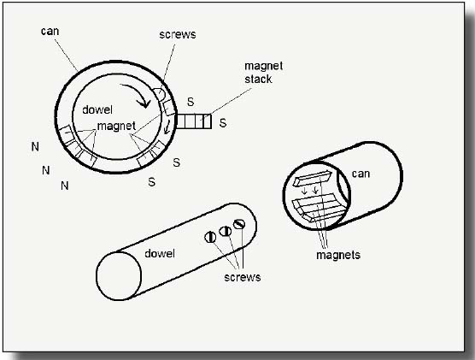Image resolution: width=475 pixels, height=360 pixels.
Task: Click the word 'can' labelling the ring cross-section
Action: coord(50,32)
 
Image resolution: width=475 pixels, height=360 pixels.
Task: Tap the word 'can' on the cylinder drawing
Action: coord(361,174)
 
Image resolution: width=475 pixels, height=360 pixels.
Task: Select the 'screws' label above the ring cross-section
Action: coord(178,34)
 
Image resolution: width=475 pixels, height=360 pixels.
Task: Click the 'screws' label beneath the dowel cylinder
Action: coord(243,277)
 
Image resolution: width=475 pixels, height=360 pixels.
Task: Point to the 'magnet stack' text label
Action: coord(263,73)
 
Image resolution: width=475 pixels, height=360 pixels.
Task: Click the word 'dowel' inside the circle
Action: coord(97,109)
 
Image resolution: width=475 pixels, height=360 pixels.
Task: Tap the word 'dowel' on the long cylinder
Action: coord(160,253)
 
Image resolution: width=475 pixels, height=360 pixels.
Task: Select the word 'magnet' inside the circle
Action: coord(116,126)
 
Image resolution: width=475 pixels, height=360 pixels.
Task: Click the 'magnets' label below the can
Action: coord(338,255)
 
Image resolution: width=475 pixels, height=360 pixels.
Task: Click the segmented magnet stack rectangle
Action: coord(194,121)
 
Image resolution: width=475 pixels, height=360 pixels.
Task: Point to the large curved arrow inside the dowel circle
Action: coord(137,94)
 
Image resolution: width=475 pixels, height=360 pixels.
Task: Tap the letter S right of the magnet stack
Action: coord(223,123)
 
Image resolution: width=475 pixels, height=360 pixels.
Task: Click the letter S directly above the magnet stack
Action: coord(191,102)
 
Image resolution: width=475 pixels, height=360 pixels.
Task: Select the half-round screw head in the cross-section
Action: coord(159,94)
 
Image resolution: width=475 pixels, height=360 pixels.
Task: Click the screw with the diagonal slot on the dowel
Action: coord(239,224)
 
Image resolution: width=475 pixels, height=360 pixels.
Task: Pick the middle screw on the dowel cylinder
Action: coord(225,232)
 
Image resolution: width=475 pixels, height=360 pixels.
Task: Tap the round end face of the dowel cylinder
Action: coord(119,275)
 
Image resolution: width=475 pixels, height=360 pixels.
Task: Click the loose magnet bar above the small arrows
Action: coord(313,179)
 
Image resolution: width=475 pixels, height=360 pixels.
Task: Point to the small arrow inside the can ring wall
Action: coord(167,127)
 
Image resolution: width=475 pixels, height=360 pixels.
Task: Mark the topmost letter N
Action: coord(35,147)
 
